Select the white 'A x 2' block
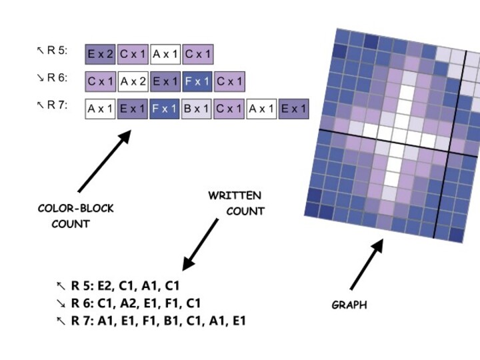(133, 82)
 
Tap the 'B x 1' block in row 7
(197, 109)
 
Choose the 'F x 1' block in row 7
(165, 109)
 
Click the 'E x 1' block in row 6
(165, 82)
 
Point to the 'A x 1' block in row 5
(165, 55)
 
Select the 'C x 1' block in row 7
(229, 109)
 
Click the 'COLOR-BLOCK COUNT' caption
(75, 216)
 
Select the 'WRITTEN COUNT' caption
(236, 203)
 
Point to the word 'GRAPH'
(349, 305)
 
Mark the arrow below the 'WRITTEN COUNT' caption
(200, 244)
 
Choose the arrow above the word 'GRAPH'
(367, 265)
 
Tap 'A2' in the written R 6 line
(132, 303)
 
